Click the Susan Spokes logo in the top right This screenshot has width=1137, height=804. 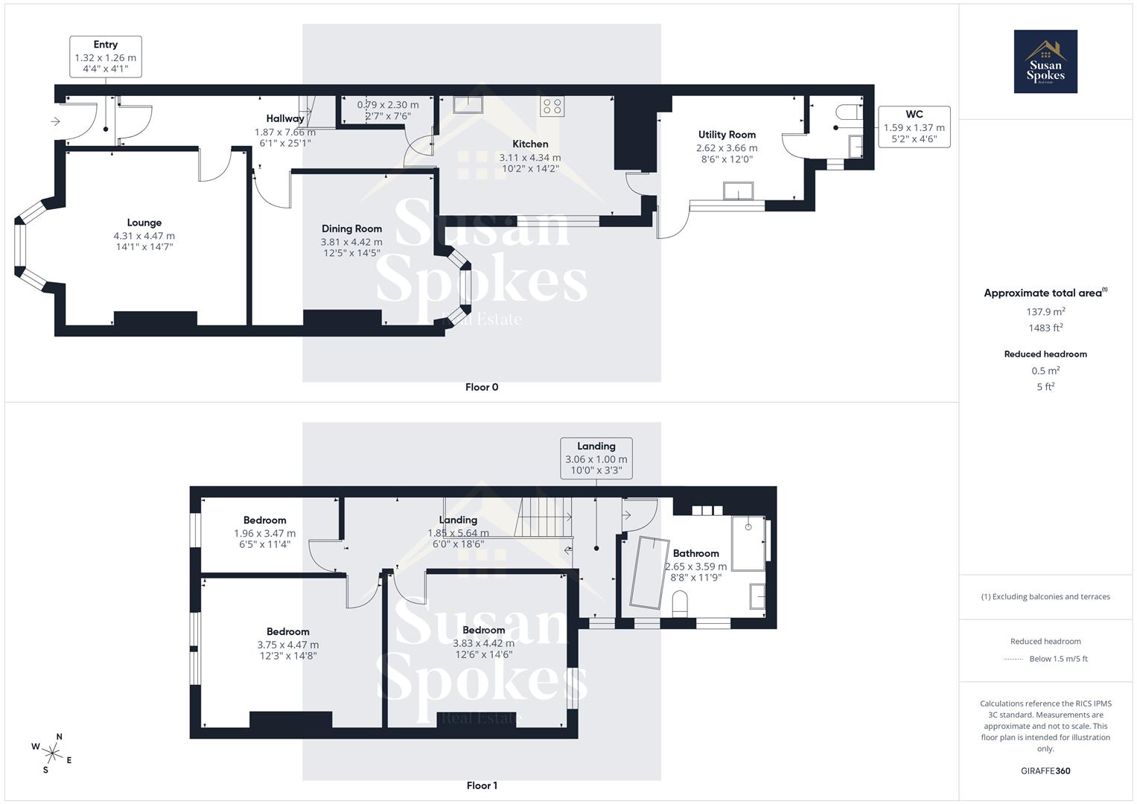click(1045, 62)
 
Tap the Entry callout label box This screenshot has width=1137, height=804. click(105, 57)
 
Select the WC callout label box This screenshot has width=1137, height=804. click(914, 127)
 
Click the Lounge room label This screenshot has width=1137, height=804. click(144, 223)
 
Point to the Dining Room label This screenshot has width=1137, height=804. click(351, 229)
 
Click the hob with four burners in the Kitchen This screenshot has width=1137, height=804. click(552, 106)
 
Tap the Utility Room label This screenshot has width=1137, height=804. click(727, 135)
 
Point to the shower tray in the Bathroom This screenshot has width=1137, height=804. click(748, 543)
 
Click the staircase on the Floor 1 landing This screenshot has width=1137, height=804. click(545, 517)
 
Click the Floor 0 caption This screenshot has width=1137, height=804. click(482, 387)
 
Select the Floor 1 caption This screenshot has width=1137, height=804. click(482, 785)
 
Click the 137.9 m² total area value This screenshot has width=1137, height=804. click(1045, 312)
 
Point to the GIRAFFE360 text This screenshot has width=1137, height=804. click(1045, 770)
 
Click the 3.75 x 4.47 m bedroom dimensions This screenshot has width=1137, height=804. click(287, 645)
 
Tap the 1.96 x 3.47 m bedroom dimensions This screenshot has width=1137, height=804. click(264, 533)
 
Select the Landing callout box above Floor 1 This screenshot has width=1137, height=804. click(596, 458)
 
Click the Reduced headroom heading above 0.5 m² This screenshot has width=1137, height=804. click(1045, 354)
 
